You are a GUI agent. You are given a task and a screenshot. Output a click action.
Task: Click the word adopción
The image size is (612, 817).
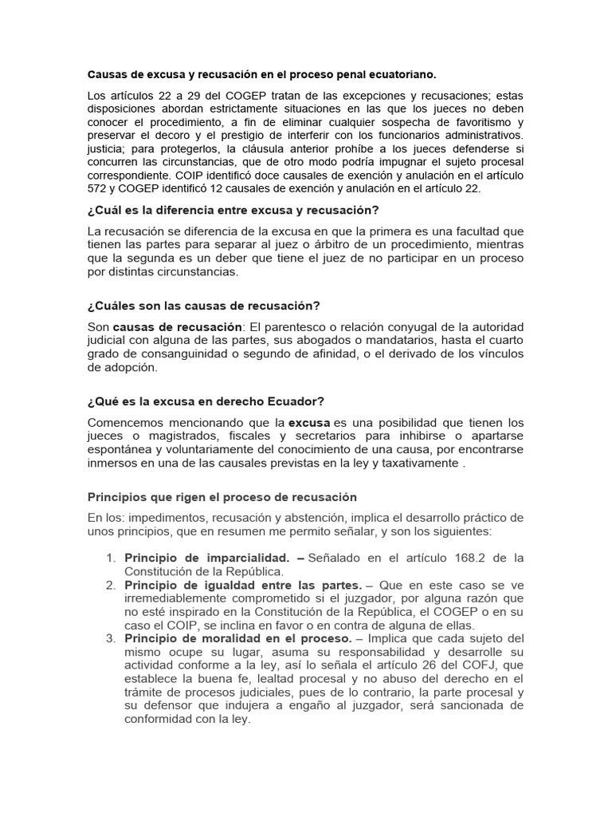[x=131, y=368]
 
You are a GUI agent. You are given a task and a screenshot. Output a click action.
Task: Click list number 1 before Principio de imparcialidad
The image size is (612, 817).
[x=111, y=557]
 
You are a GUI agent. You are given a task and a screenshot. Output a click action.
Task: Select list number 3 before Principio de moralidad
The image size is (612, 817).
[x=111, y=639]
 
